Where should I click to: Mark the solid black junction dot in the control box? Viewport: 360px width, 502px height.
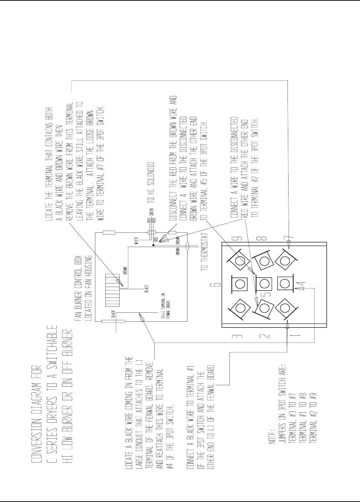click(x=153, y=246)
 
